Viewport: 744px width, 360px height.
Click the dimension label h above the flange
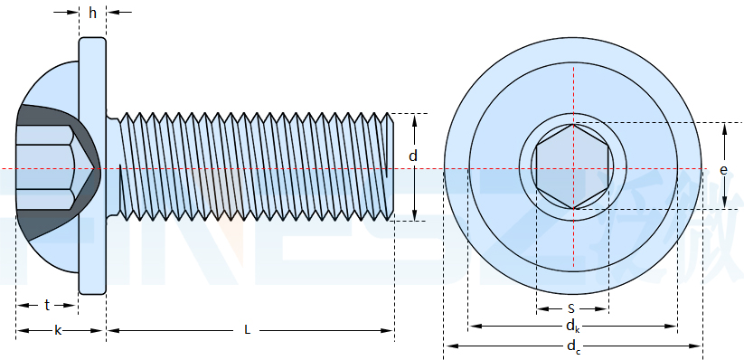[92, 13]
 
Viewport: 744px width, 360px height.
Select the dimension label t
[47, 306]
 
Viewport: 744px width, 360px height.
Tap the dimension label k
[58, 330]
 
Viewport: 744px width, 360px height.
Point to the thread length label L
[247, 330]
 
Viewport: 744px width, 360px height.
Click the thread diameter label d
[413, 156]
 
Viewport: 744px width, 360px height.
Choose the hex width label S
[571, 309]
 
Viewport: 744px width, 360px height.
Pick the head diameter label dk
[572, 327]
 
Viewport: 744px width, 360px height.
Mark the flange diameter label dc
[573, 346]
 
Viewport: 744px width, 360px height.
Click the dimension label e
[723, 170]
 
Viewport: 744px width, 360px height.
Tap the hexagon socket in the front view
[573, 166]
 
